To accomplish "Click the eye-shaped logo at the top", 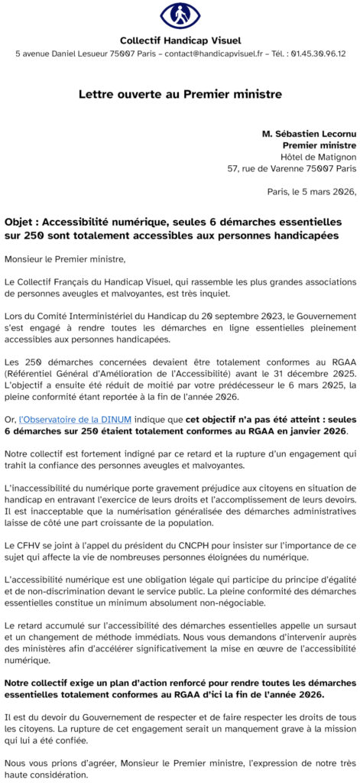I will coord(180,15).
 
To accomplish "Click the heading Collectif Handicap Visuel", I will coord(180,40).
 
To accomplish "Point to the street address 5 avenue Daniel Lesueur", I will coord(62,54).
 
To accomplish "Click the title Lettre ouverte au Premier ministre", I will coord(180,94).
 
